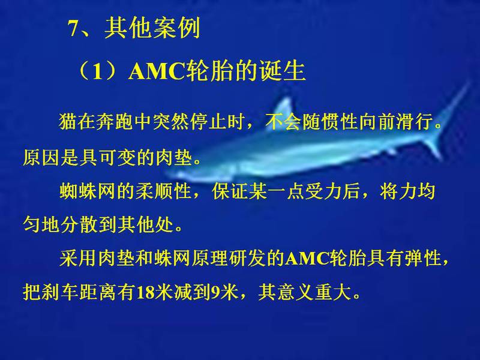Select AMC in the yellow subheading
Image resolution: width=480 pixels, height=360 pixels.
coord(157,72)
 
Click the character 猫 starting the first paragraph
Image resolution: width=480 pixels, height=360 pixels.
coord(68,122)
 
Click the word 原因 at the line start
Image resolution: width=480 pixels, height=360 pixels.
coord(41,158)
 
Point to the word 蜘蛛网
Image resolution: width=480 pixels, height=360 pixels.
coord(87,191)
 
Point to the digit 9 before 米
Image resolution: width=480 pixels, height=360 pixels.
coord(215,292)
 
